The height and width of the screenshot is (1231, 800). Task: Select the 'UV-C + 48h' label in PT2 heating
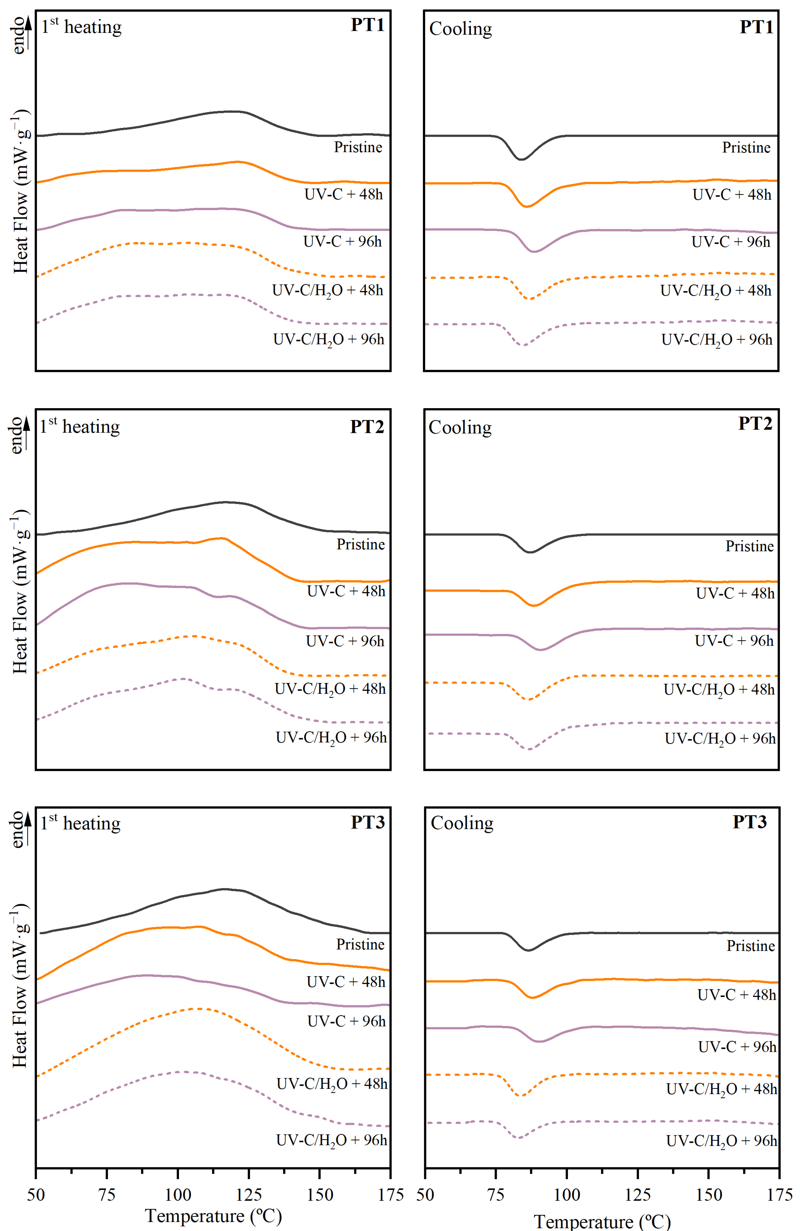pyautogui.click(x=346, y=591)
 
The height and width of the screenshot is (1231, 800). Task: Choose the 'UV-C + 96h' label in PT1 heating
pyautogui.click(x=342, y=242)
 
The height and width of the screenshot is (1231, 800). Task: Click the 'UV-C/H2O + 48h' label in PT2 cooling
pyautogui.click(x=719, y=690)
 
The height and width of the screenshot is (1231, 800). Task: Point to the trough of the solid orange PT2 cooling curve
pyautogui.click(x=534, y=605)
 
